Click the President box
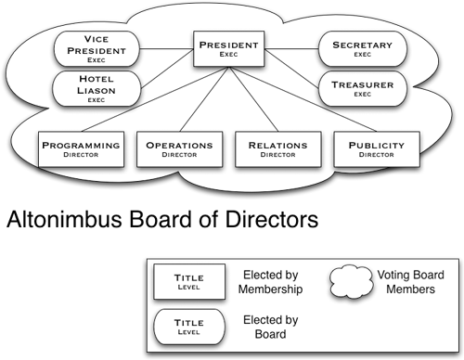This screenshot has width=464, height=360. [229, 48]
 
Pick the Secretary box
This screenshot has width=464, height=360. [362, 48]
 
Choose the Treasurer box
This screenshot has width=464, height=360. [362, 89]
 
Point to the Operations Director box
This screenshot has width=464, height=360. [180, 150]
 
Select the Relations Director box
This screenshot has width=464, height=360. [278, 150]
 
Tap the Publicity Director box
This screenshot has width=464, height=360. [377, 150]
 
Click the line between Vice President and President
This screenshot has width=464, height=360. [167, 47]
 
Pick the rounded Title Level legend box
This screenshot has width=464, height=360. [188, 326]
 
